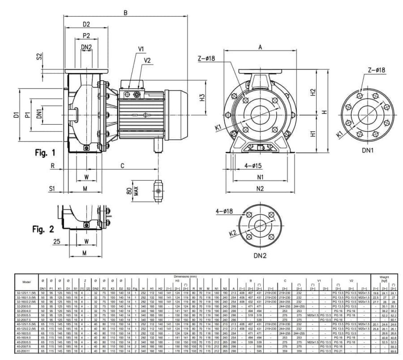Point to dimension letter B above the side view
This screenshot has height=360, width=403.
(126, 13)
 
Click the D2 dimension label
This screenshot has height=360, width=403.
(86, 24)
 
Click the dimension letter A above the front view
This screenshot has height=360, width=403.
(260, 46)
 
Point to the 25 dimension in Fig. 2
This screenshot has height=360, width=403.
(57, 241)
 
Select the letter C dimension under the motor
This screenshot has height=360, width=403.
(122, 166)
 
